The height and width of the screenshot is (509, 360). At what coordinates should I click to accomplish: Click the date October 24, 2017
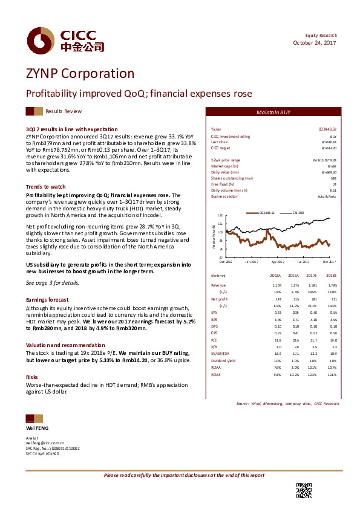[315, 43]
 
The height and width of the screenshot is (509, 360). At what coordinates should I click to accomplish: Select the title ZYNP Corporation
[80, 74]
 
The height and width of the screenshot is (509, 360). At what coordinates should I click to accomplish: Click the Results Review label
[64, 112]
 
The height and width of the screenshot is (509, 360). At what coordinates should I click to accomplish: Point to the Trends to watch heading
[46, 187]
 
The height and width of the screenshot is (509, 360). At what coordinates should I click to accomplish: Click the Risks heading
[31, 360]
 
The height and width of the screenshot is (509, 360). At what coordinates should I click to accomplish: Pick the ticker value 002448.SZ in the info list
[327, 129]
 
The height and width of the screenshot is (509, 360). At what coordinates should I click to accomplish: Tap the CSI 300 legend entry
[298, 213]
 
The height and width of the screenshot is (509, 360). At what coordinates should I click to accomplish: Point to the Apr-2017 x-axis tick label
[277, 261]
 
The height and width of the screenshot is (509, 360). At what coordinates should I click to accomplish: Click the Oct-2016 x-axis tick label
[226, 261]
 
